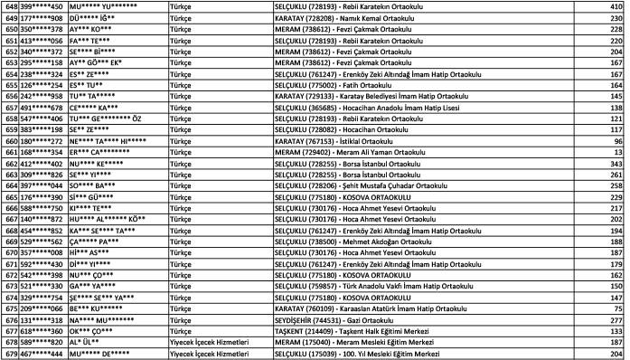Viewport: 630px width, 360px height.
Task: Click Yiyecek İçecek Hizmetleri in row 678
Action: pos(203,342)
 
